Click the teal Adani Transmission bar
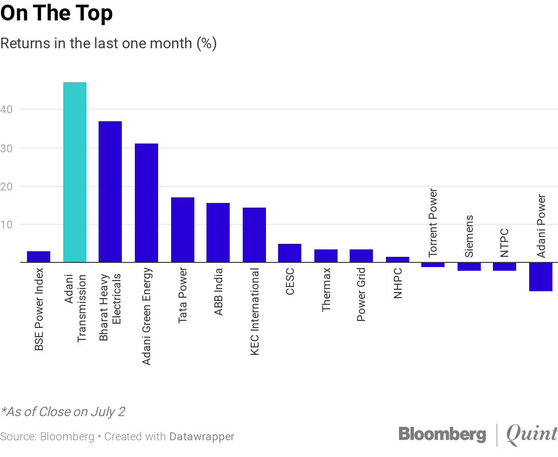tap(75, 172)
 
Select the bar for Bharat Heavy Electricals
tap(110, 191)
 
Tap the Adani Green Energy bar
tap(146, 202)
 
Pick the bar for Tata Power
tap(183, 229)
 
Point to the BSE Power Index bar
tap(39, 256)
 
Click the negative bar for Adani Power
tap(541, 277)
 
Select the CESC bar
tap(290, 253)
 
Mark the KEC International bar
tap(254, 235)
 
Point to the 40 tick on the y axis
tap(9, 110)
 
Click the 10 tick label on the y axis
tap(9, 224)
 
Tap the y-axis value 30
tap(9, 148)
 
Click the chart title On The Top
tap(57, 14)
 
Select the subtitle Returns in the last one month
tap(108, 43)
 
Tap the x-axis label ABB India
tap(219, 292)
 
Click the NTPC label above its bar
tap(505, 242)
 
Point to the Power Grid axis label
tap(362, 294)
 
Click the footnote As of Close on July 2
tap(63, 412)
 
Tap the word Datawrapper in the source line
tap(202, 437)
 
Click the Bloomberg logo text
tap(442, 435)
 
